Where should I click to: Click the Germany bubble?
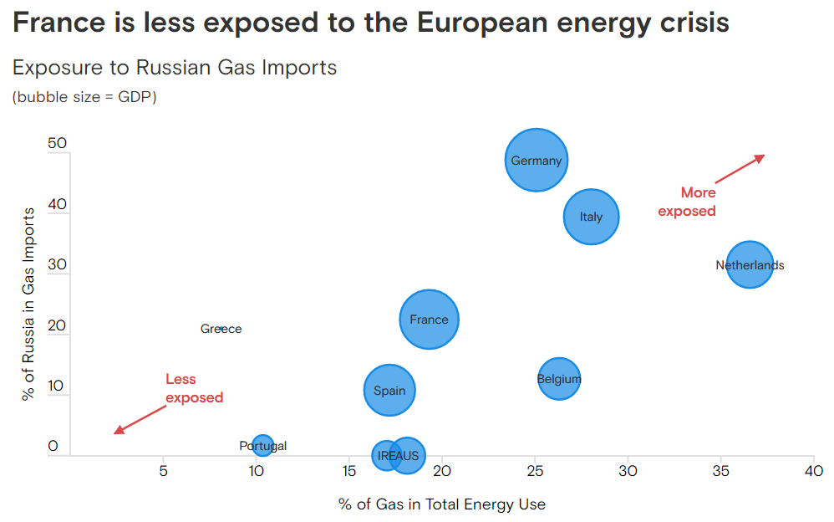pos(537,161)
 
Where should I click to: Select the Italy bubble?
pos(591,217)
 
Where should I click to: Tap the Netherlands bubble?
pos(750,265)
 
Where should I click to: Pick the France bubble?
pos(430,319)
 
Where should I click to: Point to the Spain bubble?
pos(389,390)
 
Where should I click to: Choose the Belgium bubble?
pos(559,379)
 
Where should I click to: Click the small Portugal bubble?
pos(262,446)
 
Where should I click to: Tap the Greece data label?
pos(221,329)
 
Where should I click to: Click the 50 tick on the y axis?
pos(57,143)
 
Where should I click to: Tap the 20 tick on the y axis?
pos(57,325)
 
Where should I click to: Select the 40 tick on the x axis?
pos(813,471)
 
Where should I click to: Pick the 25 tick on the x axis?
pos(535,471)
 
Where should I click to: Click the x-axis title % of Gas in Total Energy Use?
pos(442,504)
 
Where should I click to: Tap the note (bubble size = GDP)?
pos(84,97)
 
